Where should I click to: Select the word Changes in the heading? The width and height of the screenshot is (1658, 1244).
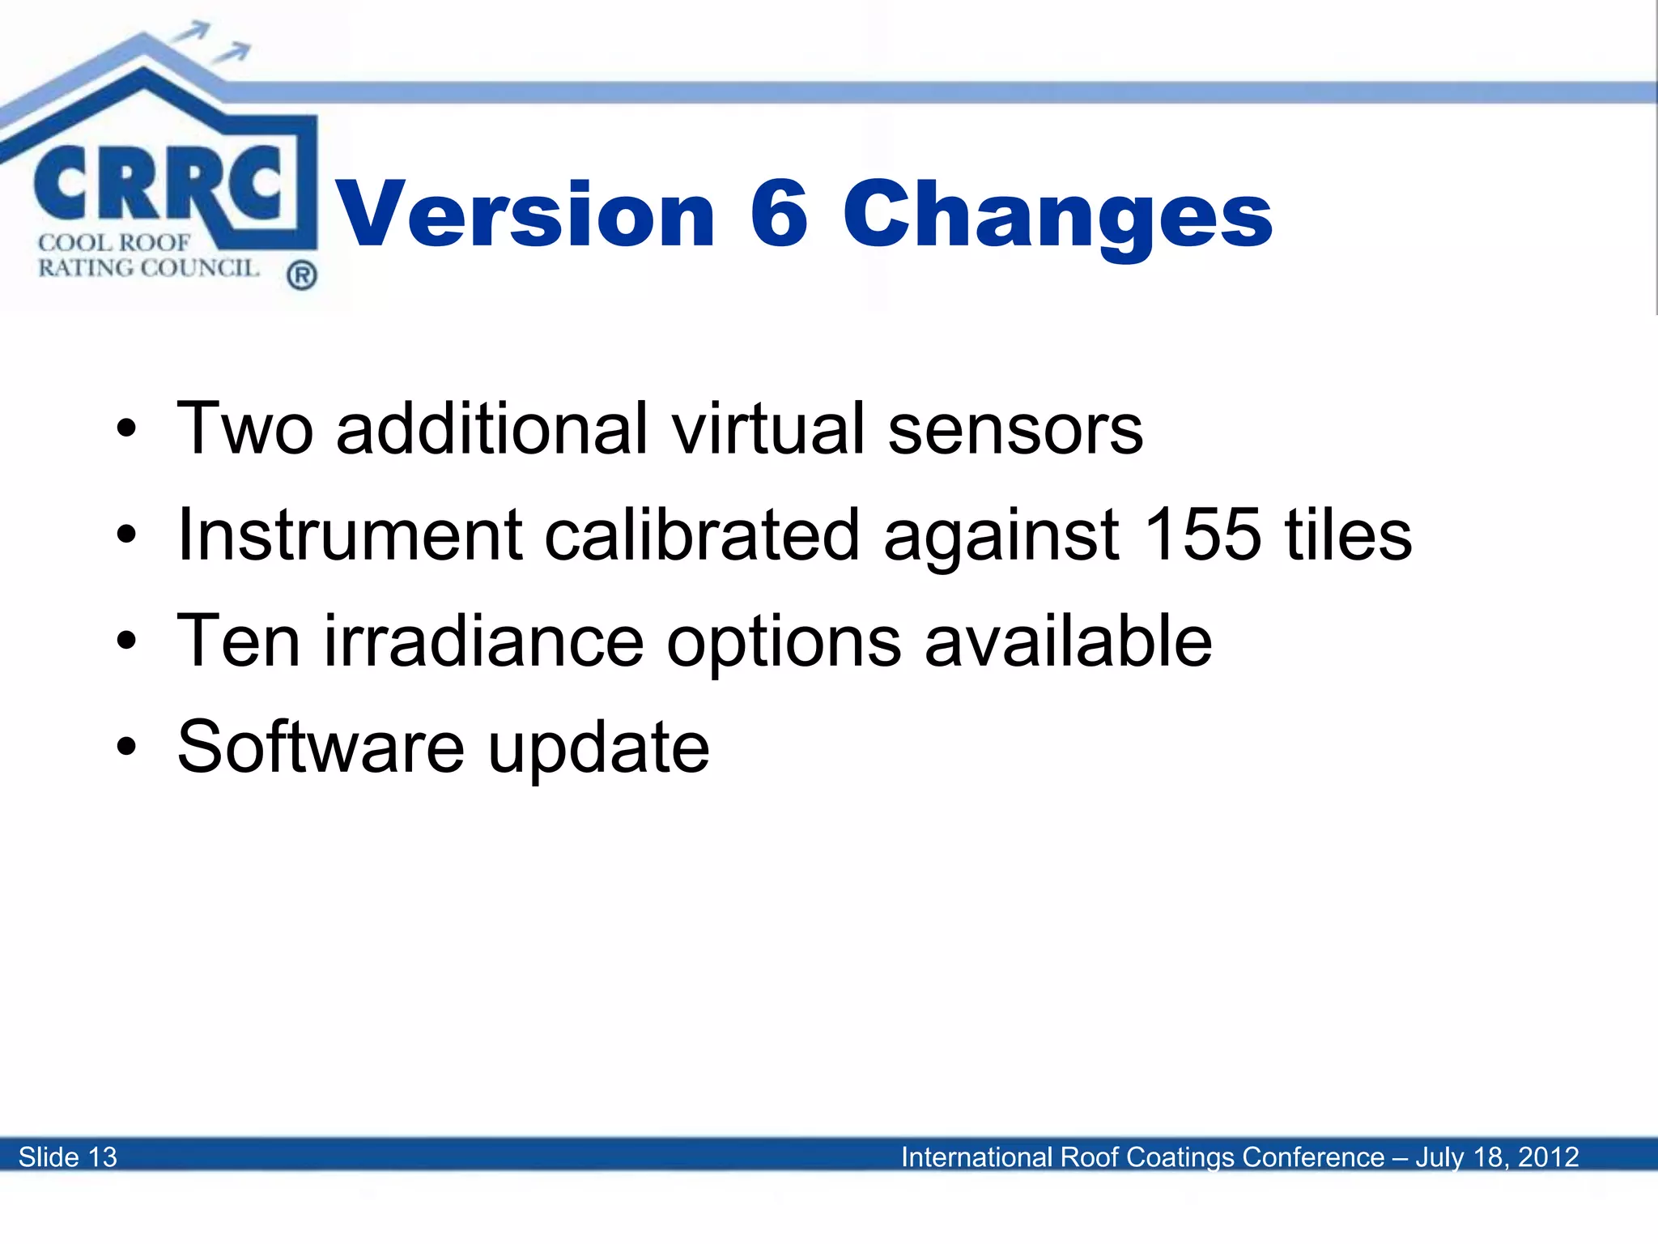[1057, 215]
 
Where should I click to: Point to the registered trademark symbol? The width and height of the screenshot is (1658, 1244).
[301, 276]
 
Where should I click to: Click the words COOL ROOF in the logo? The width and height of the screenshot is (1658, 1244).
[114, 242]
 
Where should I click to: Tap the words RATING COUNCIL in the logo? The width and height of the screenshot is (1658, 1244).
[148, 268]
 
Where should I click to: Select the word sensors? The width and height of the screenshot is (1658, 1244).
[1015, 429]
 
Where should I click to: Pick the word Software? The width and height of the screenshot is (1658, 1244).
[321, 746]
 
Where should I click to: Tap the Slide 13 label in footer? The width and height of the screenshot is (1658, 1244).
[68, 1157]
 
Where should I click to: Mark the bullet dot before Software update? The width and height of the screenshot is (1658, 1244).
[126, 746]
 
